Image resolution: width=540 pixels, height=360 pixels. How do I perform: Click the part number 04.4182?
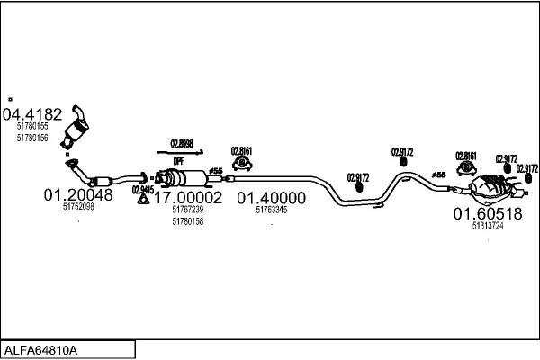tap(33, 114)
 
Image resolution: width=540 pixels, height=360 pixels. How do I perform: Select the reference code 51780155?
tap(32, 127)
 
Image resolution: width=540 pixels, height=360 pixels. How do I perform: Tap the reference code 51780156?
tap(32, 137)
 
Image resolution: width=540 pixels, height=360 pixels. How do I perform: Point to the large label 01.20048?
tap(78, 194)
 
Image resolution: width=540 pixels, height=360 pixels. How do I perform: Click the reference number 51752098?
tap(78, 206)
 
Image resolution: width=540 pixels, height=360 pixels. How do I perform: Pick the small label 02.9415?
tap(142, 189)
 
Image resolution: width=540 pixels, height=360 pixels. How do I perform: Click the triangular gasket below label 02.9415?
tap(142, 200)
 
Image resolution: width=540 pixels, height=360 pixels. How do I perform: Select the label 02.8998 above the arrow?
tap(180, 143)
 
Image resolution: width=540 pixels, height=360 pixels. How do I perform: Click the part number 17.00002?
tap(187, 197)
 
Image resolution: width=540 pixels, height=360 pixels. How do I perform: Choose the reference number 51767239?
tap(187, 210)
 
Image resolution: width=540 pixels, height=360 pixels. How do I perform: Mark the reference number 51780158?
tap(187, 221)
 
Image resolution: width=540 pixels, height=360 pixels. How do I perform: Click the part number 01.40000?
tap(271, 197)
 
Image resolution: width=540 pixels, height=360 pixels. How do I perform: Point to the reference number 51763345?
tap(271, 210)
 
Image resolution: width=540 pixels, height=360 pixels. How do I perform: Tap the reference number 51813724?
tap(487, 226)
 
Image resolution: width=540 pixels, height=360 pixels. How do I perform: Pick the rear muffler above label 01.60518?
tap(490, 186)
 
